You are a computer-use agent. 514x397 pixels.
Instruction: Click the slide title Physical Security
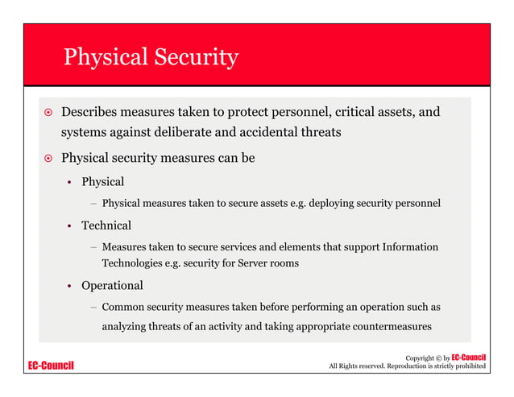click(151, 57)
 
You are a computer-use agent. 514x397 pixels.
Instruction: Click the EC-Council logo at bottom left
click(51, 366)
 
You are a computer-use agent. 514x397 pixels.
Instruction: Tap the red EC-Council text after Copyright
click(469, 357)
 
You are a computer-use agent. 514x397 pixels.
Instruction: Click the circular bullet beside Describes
click(48, 112)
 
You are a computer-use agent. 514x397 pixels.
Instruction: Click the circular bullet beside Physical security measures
click(48, 159)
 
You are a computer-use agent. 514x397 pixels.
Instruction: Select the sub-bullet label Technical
click(106, 225)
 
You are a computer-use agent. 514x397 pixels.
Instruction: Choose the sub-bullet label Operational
click(112, 286)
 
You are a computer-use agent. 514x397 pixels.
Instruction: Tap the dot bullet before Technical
click(70, 226)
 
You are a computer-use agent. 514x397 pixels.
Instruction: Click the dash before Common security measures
click(93, 308)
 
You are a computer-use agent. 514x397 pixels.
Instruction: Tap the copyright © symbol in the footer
click(436, 358)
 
